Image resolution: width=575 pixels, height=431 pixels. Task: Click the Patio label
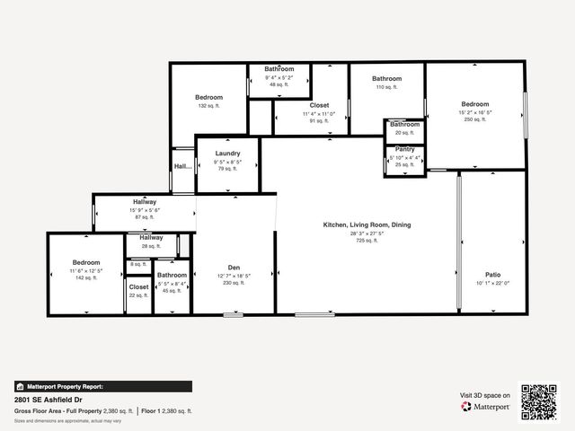click(x=493, y=274)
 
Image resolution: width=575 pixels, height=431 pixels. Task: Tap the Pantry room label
click(x=404, y=149)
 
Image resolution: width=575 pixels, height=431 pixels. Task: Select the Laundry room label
click(x=228, y=154)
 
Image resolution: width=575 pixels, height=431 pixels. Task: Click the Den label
click(x=234, y=268)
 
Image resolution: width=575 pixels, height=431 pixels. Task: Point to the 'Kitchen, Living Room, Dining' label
click(x=367, y=224)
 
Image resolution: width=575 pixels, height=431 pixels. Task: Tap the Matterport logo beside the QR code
click(x=486, y=407)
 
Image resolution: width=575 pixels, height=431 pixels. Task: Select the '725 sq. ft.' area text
click(x=367, y=241)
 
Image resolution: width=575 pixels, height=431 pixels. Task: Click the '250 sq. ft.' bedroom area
click(x=474, y=119)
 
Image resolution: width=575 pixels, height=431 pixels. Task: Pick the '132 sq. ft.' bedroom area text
click(x=208, y=106)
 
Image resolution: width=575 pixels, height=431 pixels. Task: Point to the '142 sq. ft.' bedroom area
click(x=86, y=278)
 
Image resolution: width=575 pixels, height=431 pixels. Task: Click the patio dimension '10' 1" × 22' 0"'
click(x=493, y=283)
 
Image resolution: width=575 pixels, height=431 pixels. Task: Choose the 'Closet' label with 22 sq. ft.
click(x=138, y=287)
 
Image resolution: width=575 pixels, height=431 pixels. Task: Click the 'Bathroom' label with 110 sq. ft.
click(x=386, y=79)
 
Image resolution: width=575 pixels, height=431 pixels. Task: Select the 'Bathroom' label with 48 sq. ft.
click(x=279, y=69)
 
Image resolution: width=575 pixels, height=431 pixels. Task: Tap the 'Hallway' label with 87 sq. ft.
click(x=145, y=202)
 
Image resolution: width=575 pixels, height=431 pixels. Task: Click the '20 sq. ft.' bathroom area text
click(x=404, y=133)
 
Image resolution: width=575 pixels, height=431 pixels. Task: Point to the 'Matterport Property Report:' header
click(x=65, y=386)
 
